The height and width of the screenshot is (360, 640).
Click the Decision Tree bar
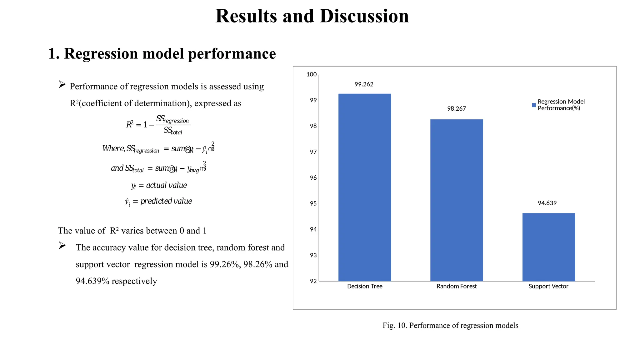(x=365, y=187)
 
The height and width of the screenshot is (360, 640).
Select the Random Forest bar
(x=457, y=200)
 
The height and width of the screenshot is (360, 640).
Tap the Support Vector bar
(x=548, y=247)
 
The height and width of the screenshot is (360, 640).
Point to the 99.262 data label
(x=364, y=84)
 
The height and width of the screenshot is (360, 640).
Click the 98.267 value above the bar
(x=456, y=109)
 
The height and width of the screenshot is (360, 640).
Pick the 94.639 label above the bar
(x=547, y=203)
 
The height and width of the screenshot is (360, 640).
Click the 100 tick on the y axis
(x=312, y=74)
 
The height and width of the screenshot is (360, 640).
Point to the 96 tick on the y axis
(x=313, y=178)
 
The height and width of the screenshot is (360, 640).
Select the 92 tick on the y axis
(x=313, y=281)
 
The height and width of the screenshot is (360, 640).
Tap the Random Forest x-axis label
(x=457, y=286)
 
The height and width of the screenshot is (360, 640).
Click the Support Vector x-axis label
(x=548, y=286)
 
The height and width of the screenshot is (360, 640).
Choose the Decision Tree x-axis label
(x=365, y=286)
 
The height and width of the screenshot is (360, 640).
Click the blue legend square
(x=534, y=105)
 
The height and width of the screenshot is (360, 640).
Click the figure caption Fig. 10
(x=450, y=326)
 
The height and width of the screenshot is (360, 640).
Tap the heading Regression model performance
(x=170, y=53)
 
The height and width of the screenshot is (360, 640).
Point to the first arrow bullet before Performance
(x=62, y=84)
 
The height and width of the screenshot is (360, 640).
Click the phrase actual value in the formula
(x=167, y=185)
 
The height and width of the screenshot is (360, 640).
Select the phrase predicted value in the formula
(x=166, y=201)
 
